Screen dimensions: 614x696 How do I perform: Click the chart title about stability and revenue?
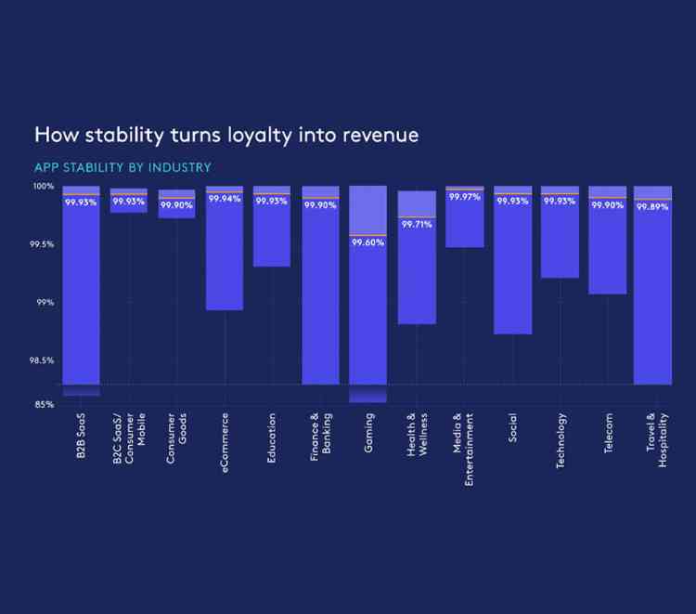[226, 136]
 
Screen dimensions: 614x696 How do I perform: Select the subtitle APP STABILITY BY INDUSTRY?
[122, 168]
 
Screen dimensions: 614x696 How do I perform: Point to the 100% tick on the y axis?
[45, 187]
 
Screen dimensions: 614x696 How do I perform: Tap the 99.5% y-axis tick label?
[42, 244]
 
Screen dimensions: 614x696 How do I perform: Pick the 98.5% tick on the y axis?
[42, 360]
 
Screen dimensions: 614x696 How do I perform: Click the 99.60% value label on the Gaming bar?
[367, 242]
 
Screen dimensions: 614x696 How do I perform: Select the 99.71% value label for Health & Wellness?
[417, 224]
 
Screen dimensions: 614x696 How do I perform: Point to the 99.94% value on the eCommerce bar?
[225, 199]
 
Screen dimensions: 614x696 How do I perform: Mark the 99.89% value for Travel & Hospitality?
[652, 207]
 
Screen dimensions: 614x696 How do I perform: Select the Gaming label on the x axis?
[368, 432]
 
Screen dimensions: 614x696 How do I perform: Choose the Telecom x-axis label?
[608, 433]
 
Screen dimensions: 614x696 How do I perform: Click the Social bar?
[512, 269]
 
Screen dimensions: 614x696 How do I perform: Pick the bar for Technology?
[560, 242]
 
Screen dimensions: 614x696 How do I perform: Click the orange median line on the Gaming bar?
[367, 236]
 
